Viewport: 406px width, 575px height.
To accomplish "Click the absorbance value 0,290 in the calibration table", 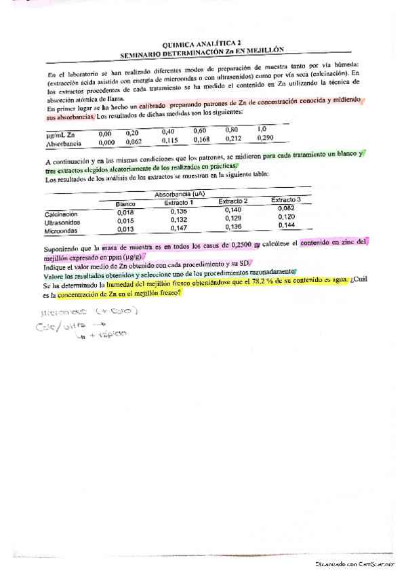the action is click(266, 138).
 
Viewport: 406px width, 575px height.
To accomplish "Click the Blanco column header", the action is click(126, 203).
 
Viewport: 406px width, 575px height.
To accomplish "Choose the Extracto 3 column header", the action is click(286, 200).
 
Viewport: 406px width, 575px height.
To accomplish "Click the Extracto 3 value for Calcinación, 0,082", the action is click(287, 209).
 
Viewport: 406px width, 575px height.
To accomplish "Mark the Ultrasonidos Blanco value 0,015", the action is click(125, 221).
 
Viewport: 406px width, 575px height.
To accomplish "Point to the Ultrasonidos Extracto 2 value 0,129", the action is click(232, 219).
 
